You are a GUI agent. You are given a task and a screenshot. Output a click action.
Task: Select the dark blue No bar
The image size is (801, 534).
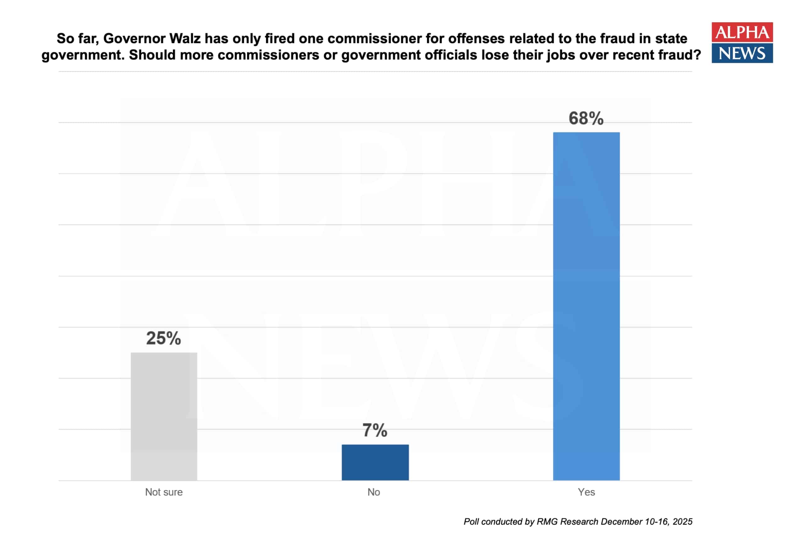375,462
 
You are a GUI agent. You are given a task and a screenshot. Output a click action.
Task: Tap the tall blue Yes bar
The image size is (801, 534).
586,307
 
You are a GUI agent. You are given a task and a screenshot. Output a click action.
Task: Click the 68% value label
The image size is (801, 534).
586,118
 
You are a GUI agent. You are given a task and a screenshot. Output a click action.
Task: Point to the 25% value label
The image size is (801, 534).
163,338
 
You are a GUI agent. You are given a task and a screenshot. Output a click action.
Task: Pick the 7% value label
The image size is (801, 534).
375,430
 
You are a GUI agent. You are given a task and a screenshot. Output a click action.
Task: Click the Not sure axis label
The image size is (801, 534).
164,492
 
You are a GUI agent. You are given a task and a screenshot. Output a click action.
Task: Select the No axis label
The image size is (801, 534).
373,492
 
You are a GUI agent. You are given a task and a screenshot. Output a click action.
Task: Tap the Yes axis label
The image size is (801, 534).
586,492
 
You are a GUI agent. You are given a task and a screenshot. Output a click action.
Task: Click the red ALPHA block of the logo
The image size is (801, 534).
742,32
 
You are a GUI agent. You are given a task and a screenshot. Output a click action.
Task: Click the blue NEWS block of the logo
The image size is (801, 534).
742,53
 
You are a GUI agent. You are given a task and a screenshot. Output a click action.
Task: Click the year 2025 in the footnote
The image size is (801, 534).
683,522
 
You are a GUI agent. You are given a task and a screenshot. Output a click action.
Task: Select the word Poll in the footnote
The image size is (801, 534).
471,522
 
